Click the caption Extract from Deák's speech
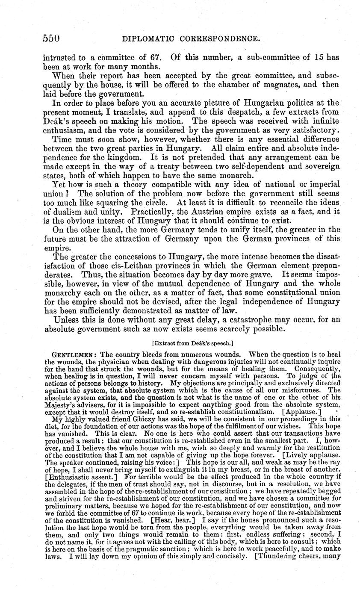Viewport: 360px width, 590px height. click(192, 343)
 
